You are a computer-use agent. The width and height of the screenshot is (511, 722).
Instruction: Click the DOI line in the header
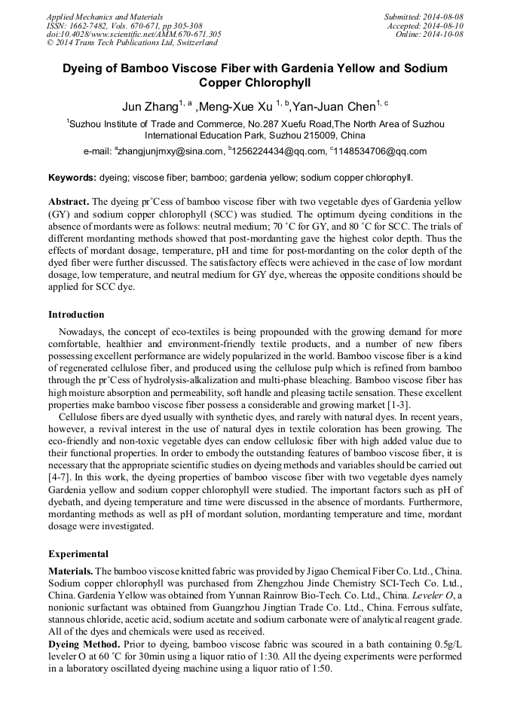pos(133,34)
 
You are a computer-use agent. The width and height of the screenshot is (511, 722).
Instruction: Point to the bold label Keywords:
pos(72,178)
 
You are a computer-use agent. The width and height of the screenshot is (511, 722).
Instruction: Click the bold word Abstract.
pos(69,203)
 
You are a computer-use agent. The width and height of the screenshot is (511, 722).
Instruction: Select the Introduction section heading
pos(76,314)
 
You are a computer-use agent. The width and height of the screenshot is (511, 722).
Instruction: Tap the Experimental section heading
pos(78,553)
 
